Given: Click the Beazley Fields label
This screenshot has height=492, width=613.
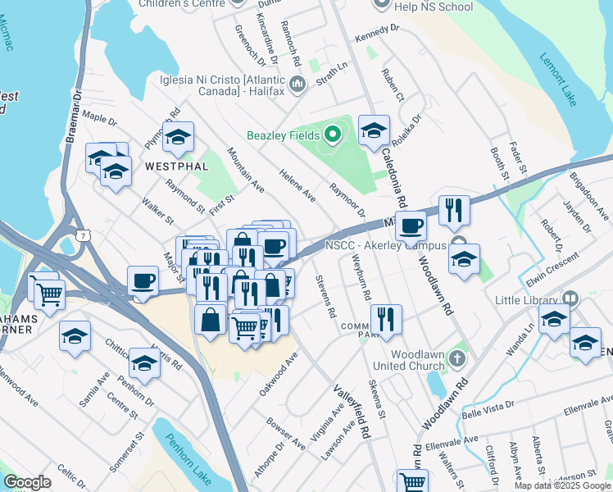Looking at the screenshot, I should pos(283,134).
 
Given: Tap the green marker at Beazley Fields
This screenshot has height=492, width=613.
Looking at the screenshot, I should pos(332,134).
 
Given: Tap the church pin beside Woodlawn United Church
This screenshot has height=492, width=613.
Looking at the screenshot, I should pos(458,358).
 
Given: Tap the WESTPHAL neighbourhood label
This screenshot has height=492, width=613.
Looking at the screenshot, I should pos(176,166).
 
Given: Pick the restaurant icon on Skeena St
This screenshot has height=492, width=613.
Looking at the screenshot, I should pos(384,318).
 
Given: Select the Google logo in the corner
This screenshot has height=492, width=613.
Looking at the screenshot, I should pos(28,482).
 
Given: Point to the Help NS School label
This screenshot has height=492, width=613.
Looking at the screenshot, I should pos(434,7).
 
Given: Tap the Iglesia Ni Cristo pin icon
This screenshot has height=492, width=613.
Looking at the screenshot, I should pos(297,83).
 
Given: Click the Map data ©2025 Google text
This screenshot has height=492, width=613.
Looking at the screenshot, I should pos(562,485).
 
